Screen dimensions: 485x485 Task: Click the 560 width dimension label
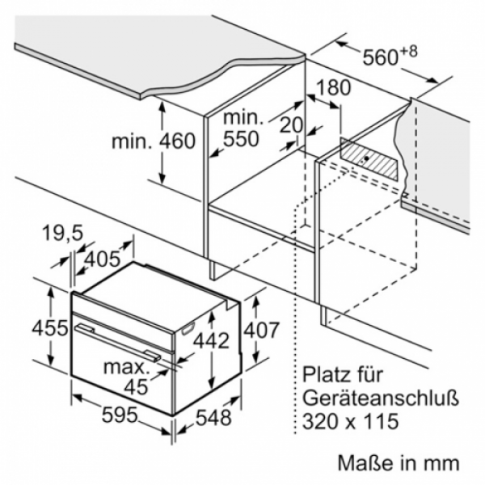[x=380, y=57]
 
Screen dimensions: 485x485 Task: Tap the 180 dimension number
[x=333, y=87]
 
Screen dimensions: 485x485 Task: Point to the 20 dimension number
[x=291, y=125]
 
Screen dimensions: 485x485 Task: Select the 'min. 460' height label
[x=154, y=141]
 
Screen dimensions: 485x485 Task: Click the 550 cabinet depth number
[x=241, y=138]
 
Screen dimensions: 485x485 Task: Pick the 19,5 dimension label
[x=63, y=233]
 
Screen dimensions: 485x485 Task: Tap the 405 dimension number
[x=102, y=259]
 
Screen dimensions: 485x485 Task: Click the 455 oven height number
[x=50, y=327]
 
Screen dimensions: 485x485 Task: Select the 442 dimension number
[x=211, y=340]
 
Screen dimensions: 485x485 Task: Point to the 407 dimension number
[x=262, y=330]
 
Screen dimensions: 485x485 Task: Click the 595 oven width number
[x=120, y=415]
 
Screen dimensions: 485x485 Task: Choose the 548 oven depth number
[x=214, y=417]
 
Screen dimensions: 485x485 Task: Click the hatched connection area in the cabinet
[x=369, y=158]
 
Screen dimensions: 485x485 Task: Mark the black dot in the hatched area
[x=366, y=158]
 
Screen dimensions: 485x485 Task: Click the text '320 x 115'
[x=350, y=420]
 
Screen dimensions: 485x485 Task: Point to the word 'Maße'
[x=363, y=462]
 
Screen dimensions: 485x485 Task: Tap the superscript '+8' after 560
[x=409, y=52]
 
